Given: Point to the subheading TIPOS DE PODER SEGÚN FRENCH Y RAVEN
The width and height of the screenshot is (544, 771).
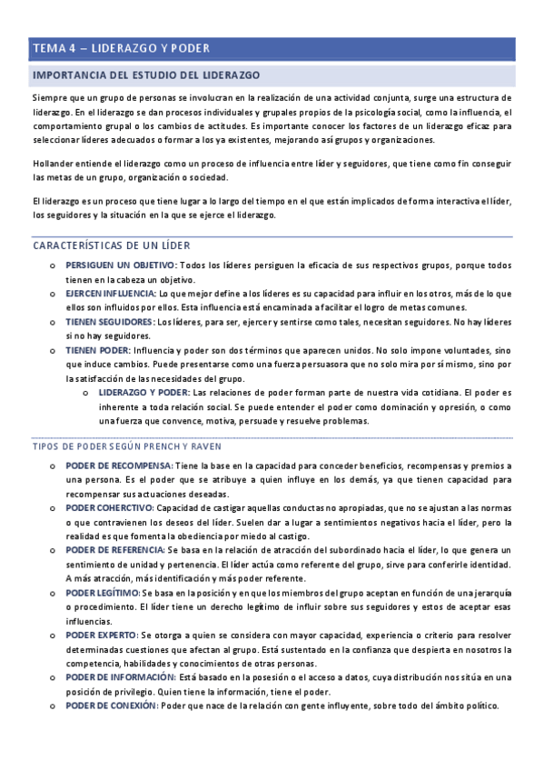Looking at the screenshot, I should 127,446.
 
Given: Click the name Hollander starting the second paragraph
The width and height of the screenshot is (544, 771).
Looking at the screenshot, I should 53,163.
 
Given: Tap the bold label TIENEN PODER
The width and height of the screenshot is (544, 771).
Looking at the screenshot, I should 97,350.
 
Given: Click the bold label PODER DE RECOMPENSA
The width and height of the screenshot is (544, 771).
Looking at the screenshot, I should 119,466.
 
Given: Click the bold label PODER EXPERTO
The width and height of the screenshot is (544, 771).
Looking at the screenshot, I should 101,635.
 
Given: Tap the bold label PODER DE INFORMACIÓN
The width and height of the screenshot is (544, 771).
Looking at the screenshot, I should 120,677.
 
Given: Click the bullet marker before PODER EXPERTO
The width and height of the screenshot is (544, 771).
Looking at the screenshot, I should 52,635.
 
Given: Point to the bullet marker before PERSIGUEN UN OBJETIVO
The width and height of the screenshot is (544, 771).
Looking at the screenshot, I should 52,265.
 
